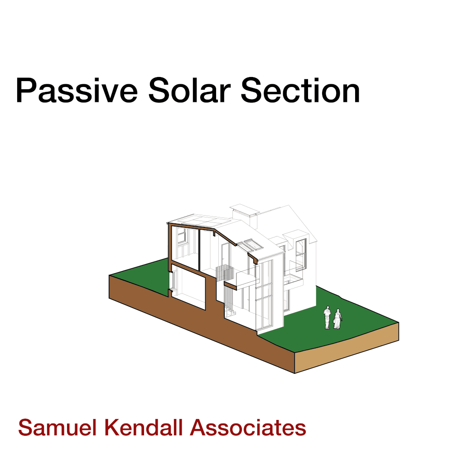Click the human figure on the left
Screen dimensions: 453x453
pyautogui.click(x=327, y=318)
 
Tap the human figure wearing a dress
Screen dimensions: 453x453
pyautogui.click(x=337, y=319)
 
